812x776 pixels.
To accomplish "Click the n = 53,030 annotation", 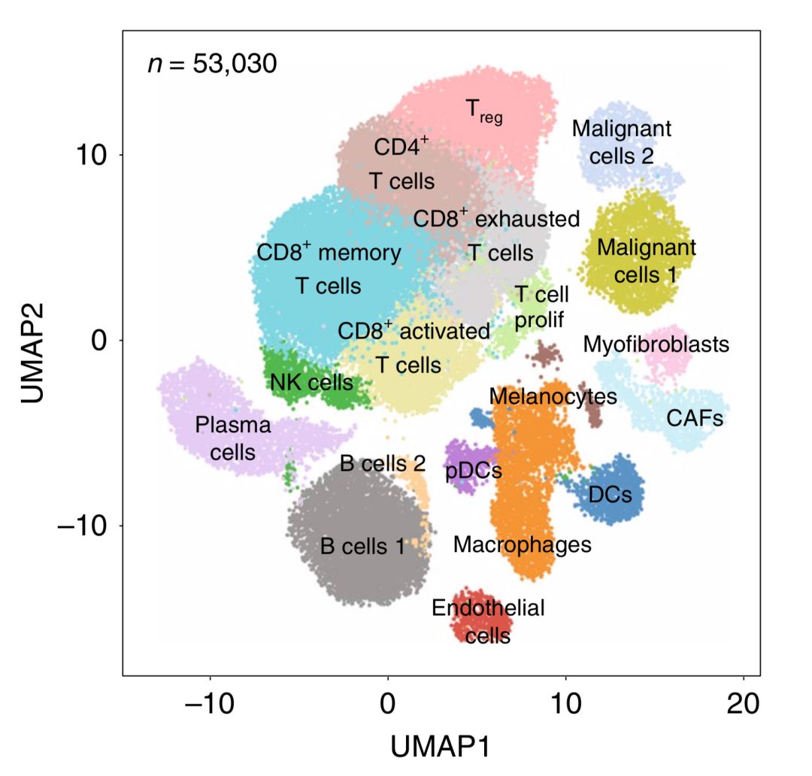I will (x=212, y=64).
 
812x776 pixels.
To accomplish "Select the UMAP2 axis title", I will (x=35, y=353).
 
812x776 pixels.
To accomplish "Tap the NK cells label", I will (x=311, y=382).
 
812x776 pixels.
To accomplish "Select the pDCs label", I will (x=474, y=471).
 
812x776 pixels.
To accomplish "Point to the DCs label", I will (x=610, y=495).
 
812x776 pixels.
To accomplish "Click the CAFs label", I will (x=695, y=418).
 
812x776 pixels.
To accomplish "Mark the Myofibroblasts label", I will (x=656, y=344).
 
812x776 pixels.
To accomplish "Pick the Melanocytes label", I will (x=553, y=396).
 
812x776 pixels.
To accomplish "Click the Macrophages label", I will (x=523, y=544).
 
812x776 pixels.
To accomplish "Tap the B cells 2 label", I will (x=383, y=463).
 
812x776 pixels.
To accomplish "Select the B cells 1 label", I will (x=362, y=547).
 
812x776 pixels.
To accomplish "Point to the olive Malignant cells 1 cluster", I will (x=639, y=286).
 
